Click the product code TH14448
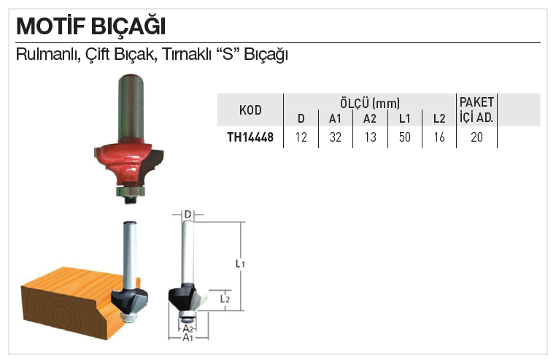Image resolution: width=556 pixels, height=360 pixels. click(x=250, y=137)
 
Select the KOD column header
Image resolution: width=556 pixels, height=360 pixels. click(x=250, y=110)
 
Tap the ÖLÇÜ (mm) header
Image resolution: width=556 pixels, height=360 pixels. click(x=370, y=103)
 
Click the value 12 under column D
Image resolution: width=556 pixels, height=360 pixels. click(x=301, y=137)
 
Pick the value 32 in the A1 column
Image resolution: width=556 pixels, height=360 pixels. click(x=335, y=137)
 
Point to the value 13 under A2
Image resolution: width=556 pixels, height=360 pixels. click(x=370, y=137)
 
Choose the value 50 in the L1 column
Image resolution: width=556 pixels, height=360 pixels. click(x=404, y=137)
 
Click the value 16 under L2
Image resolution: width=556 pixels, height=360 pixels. click(x=439, y=137)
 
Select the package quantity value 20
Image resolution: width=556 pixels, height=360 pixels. click(x=476, y=137)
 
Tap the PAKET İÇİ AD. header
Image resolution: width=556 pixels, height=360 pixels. click(x=476, y=110)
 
